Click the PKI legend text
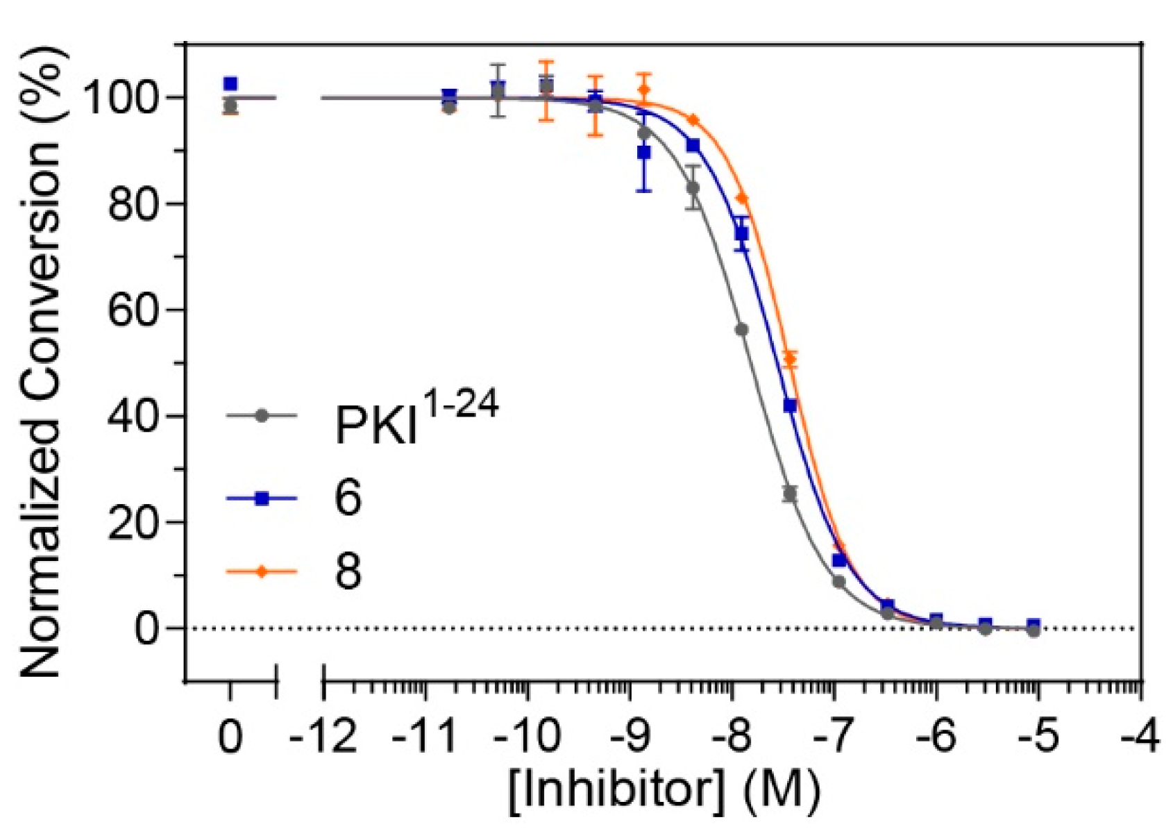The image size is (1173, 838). pyautogui.click(x=415, y=419)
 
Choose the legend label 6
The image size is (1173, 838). pyautogui.click(x=348, y=497)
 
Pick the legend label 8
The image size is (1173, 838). pyautogui.click(x=348, y=571)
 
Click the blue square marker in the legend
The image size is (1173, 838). pyautogui.click(x=262, y=498)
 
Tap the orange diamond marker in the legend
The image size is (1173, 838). pyautogui.click(x=262, y=572)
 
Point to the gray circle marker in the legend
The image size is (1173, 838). pyautogui.click(x=262, y=416)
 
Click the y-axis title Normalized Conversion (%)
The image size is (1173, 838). pyautogui.click(x=42, y=361)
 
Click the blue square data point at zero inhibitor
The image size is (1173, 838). pyautogui.click(x=230, y=84)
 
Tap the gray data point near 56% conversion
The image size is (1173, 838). pyautogui.click(x=741, y=329)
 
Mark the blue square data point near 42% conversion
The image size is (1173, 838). pyautogui.click(x=790, y=405)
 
